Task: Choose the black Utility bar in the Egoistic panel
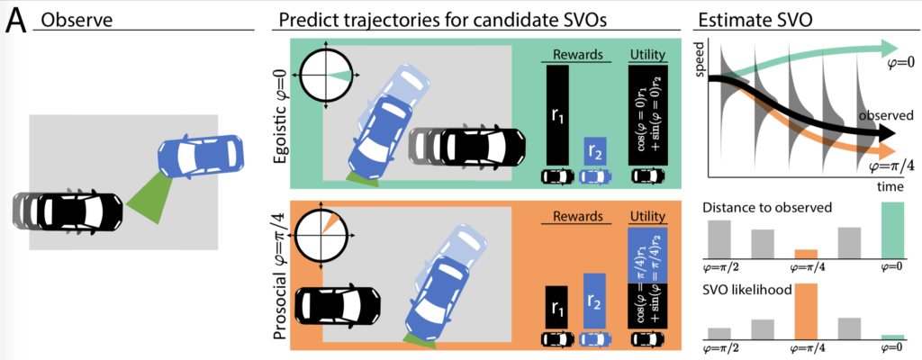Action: point(648,115)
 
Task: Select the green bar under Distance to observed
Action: point(891,229)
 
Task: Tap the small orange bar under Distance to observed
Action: point(806,254)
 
